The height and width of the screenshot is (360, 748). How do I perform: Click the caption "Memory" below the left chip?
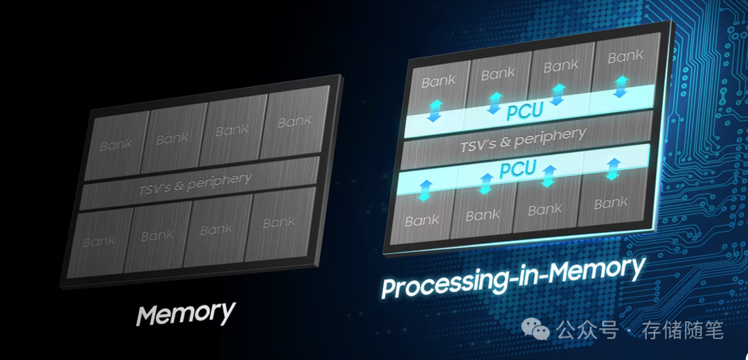point(186,313)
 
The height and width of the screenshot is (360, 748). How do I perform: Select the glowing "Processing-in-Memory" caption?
point(513,276)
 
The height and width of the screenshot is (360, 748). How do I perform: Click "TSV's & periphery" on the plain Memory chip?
point(195,183)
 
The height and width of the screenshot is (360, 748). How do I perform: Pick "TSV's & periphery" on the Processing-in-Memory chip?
point(523,141)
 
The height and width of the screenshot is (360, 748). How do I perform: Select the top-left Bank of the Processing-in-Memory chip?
point(439,82)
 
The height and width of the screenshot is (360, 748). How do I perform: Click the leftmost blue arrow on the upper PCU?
point(435,110)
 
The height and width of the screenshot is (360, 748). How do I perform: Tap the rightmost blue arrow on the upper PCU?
point(619,86)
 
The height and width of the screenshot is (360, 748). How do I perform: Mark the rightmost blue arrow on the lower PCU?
point(612,168)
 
